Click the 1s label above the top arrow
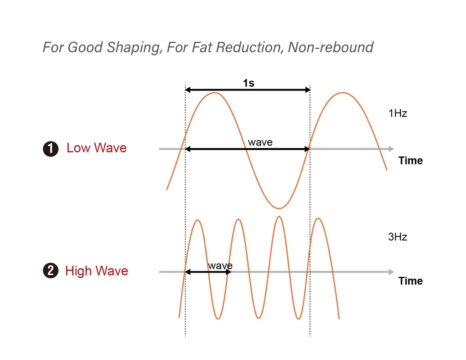248,83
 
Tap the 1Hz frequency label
397,113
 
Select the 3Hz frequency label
397,237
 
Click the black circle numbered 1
51,149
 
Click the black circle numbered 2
51,271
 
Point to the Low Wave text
96,148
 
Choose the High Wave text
96,271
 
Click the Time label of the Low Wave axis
410,161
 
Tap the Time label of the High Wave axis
410,281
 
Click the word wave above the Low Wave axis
260,142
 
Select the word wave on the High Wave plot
220,265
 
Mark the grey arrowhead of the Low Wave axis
391,149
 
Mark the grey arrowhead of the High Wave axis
391,272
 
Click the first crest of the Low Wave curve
215,93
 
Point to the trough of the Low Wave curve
278,208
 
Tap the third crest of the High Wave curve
278,217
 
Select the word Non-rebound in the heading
330,47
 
